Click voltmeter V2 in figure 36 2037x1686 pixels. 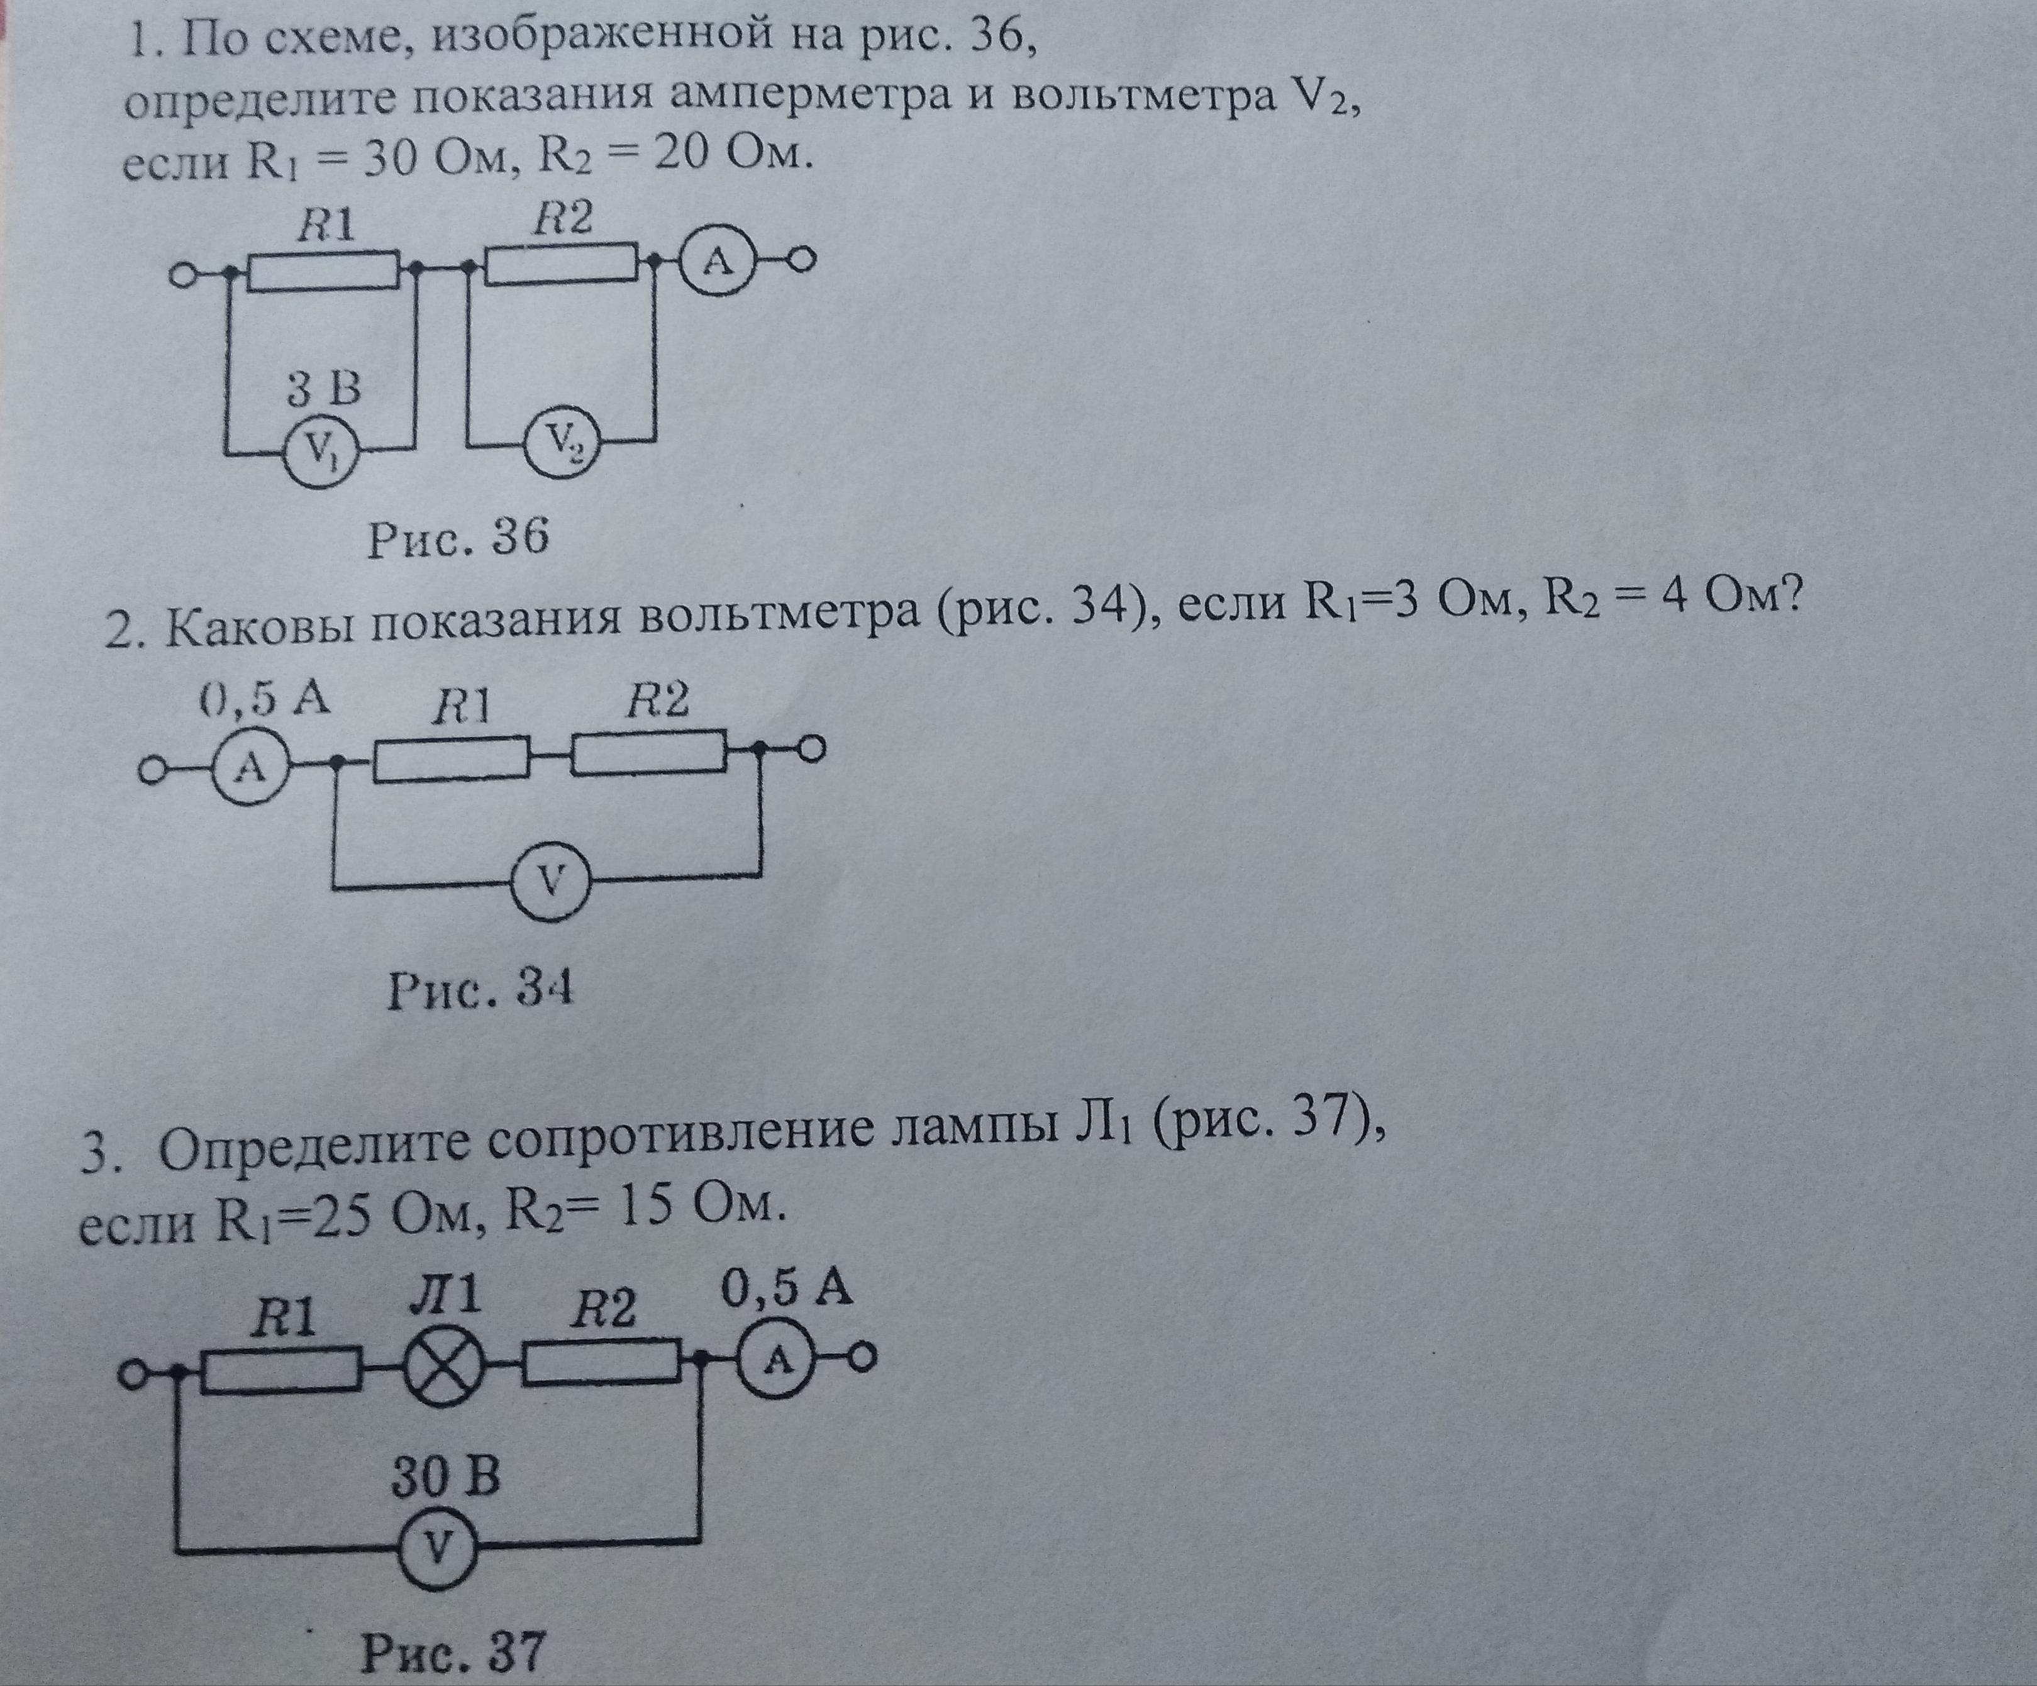(x=560, y=445)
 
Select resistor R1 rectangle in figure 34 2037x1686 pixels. (x=450, y=758)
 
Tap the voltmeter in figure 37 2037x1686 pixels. (x=438, y=1548)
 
